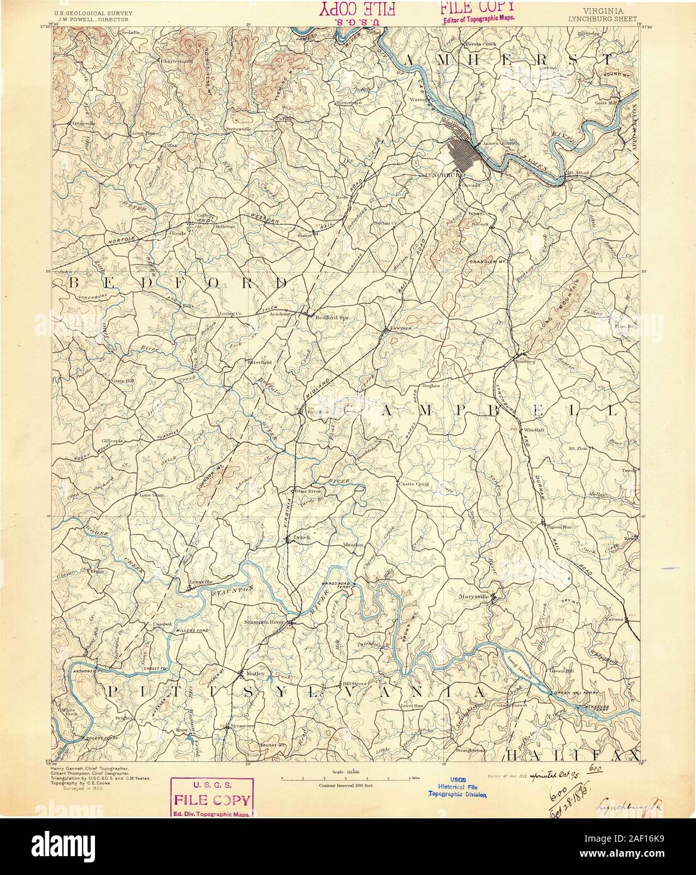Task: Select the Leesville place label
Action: point(193,583)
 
